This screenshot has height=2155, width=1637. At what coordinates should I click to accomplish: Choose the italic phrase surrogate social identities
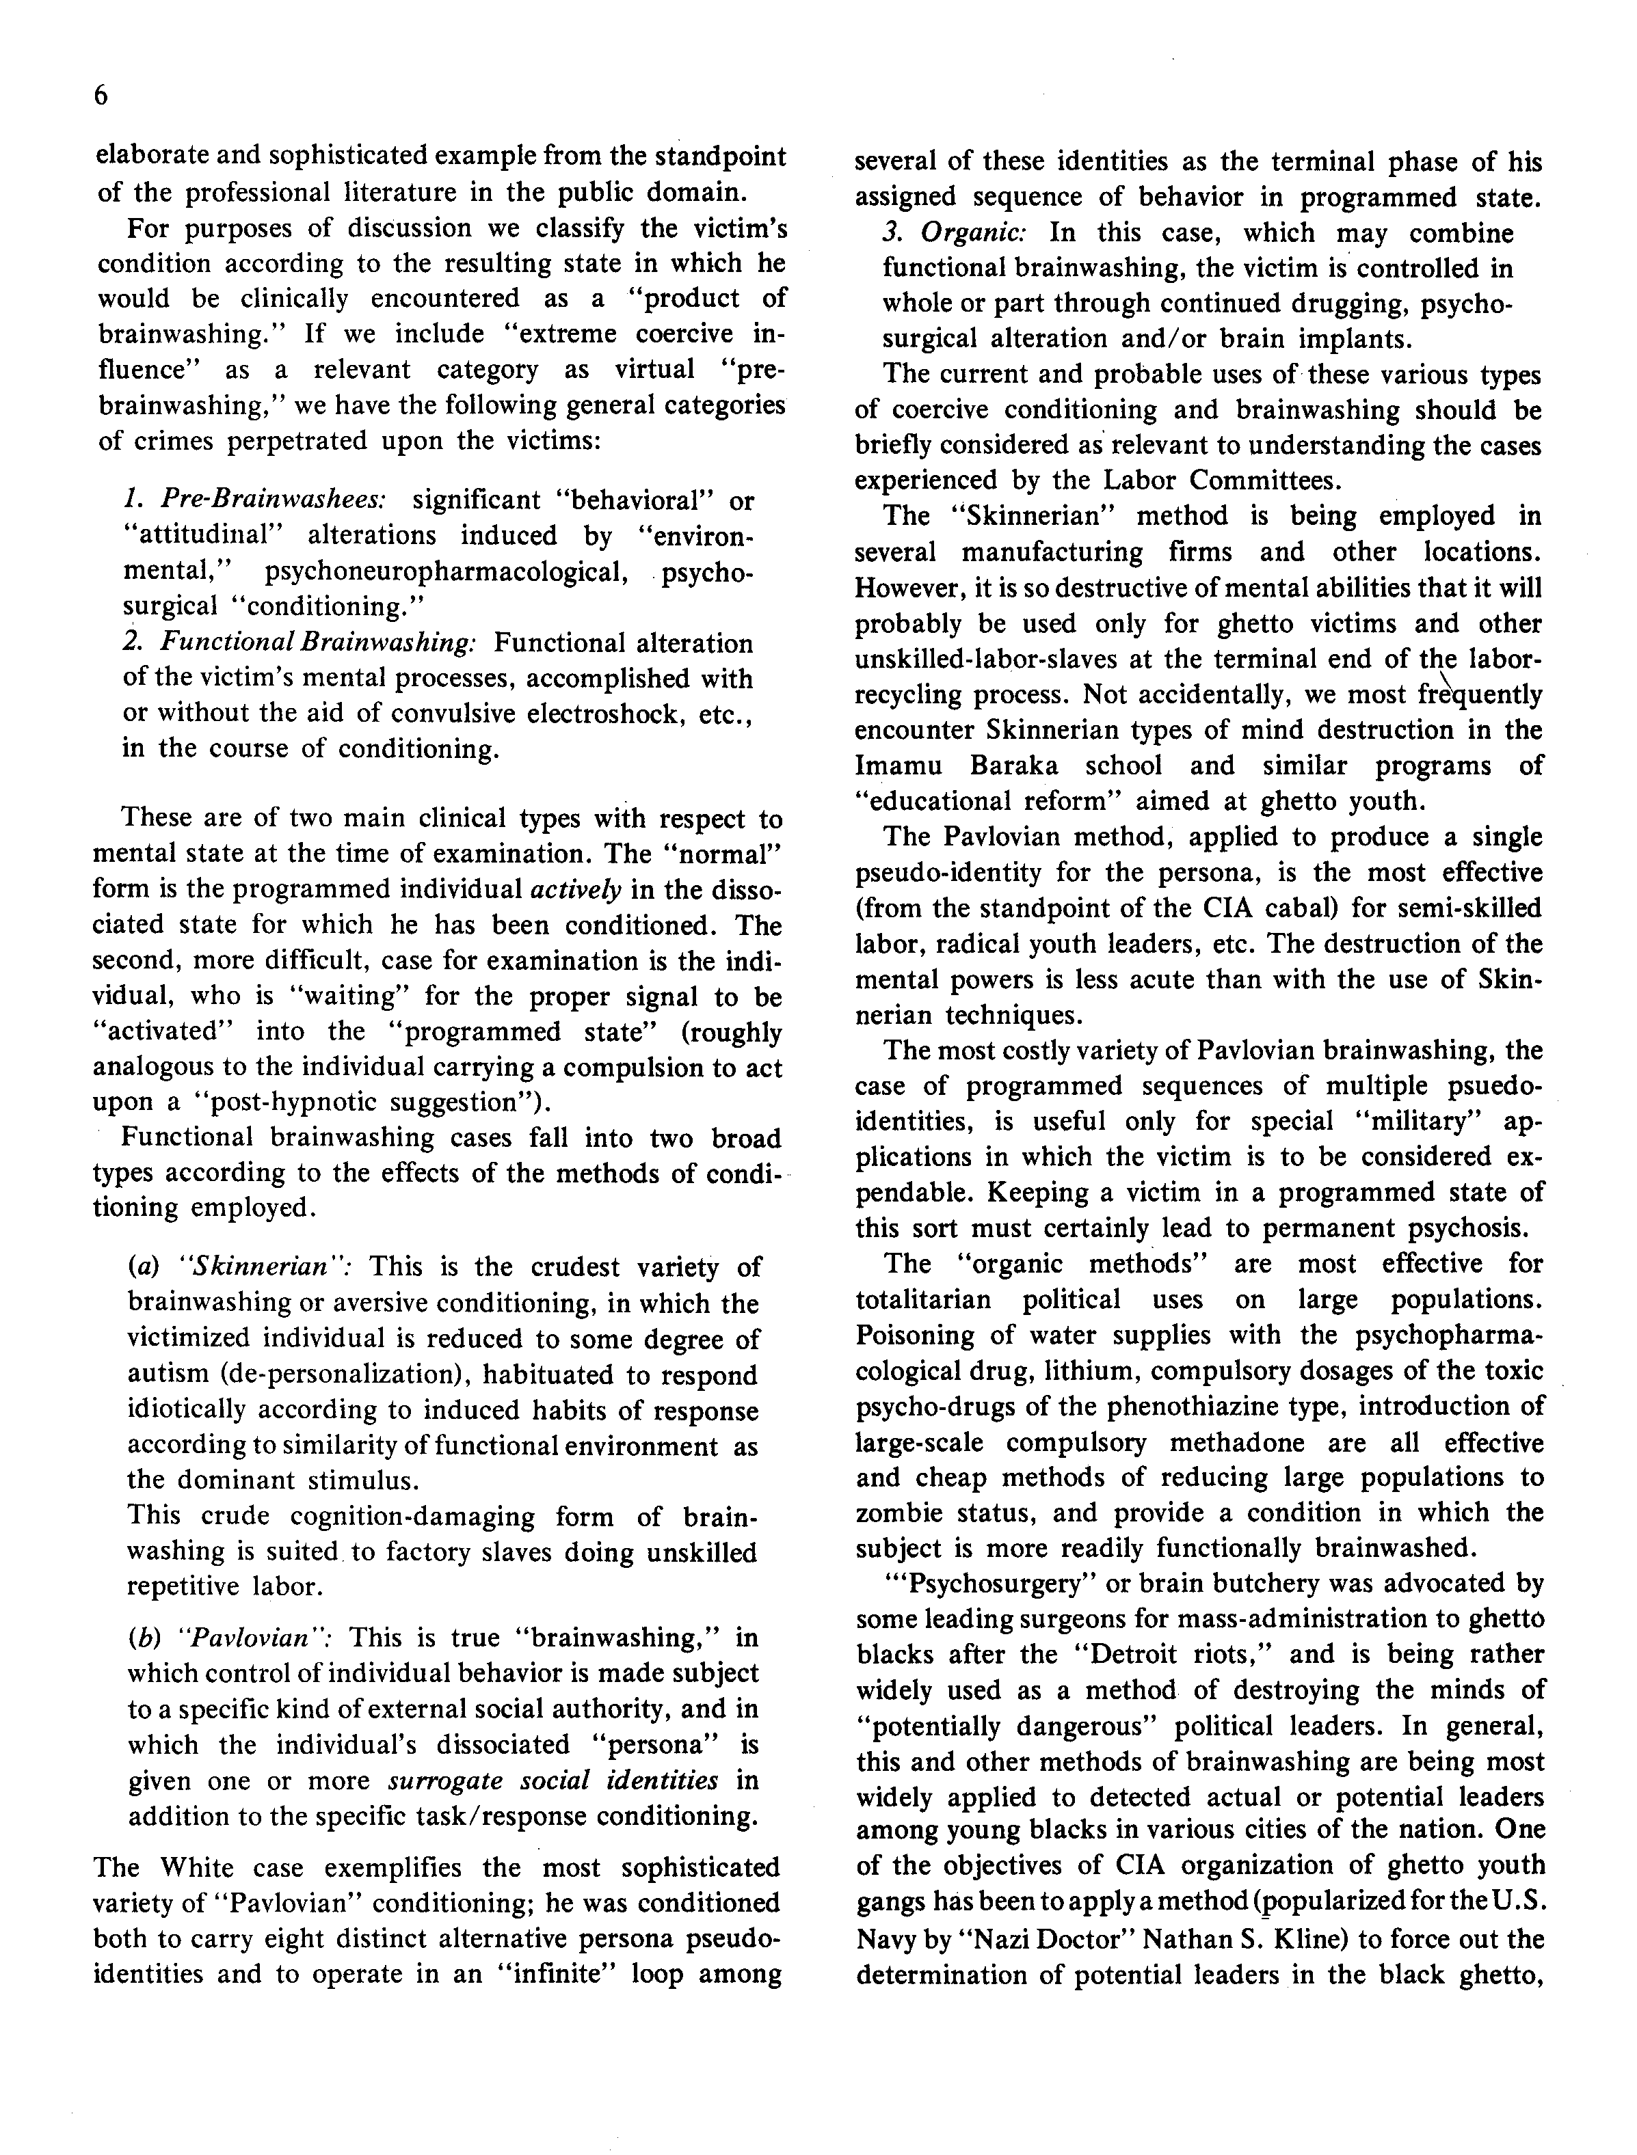click(553, 1780)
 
